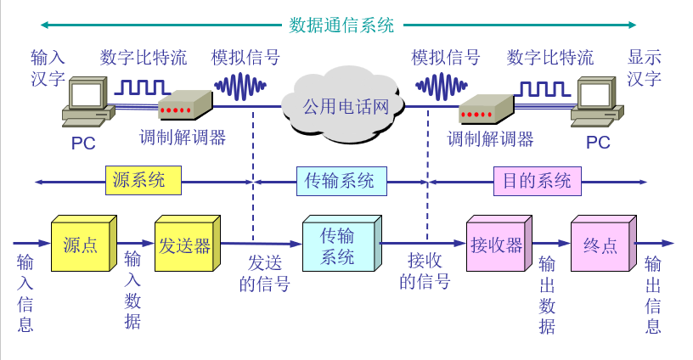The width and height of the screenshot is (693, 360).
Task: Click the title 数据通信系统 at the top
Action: (x=341, y=25)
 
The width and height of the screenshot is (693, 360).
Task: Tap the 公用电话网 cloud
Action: (x=346, y=107)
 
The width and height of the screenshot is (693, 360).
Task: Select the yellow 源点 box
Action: (x=81, y=246)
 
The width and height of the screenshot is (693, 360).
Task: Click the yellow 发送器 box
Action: (x=184, y=246)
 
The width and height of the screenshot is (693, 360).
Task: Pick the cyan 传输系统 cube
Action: (x=338, y=247)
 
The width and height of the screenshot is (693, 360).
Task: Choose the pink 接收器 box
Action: (x=497, y=246)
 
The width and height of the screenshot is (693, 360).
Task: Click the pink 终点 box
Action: (x=600, y=246)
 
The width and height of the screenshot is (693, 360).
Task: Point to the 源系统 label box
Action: (x=145, y=180)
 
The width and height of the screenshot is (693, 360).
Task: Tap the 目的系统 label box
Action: (x=537, y=180)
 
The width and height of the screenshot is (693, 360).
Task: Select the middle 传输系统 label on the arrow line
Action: (x=340, y=180)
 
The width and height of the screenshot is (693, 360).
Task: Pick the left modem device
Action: (x=185, y=106)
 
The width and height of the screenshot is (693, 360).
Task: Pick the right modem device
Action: (x=486, y=109)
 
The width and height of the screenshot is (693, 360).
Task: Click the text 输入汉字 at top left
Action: (x=48, y=68)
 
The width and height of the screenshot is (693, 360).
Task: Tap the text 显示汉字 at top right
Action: (x=645, y=68)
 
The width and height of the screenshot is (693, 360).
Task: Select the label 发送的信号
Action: (x=264, y=273)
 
